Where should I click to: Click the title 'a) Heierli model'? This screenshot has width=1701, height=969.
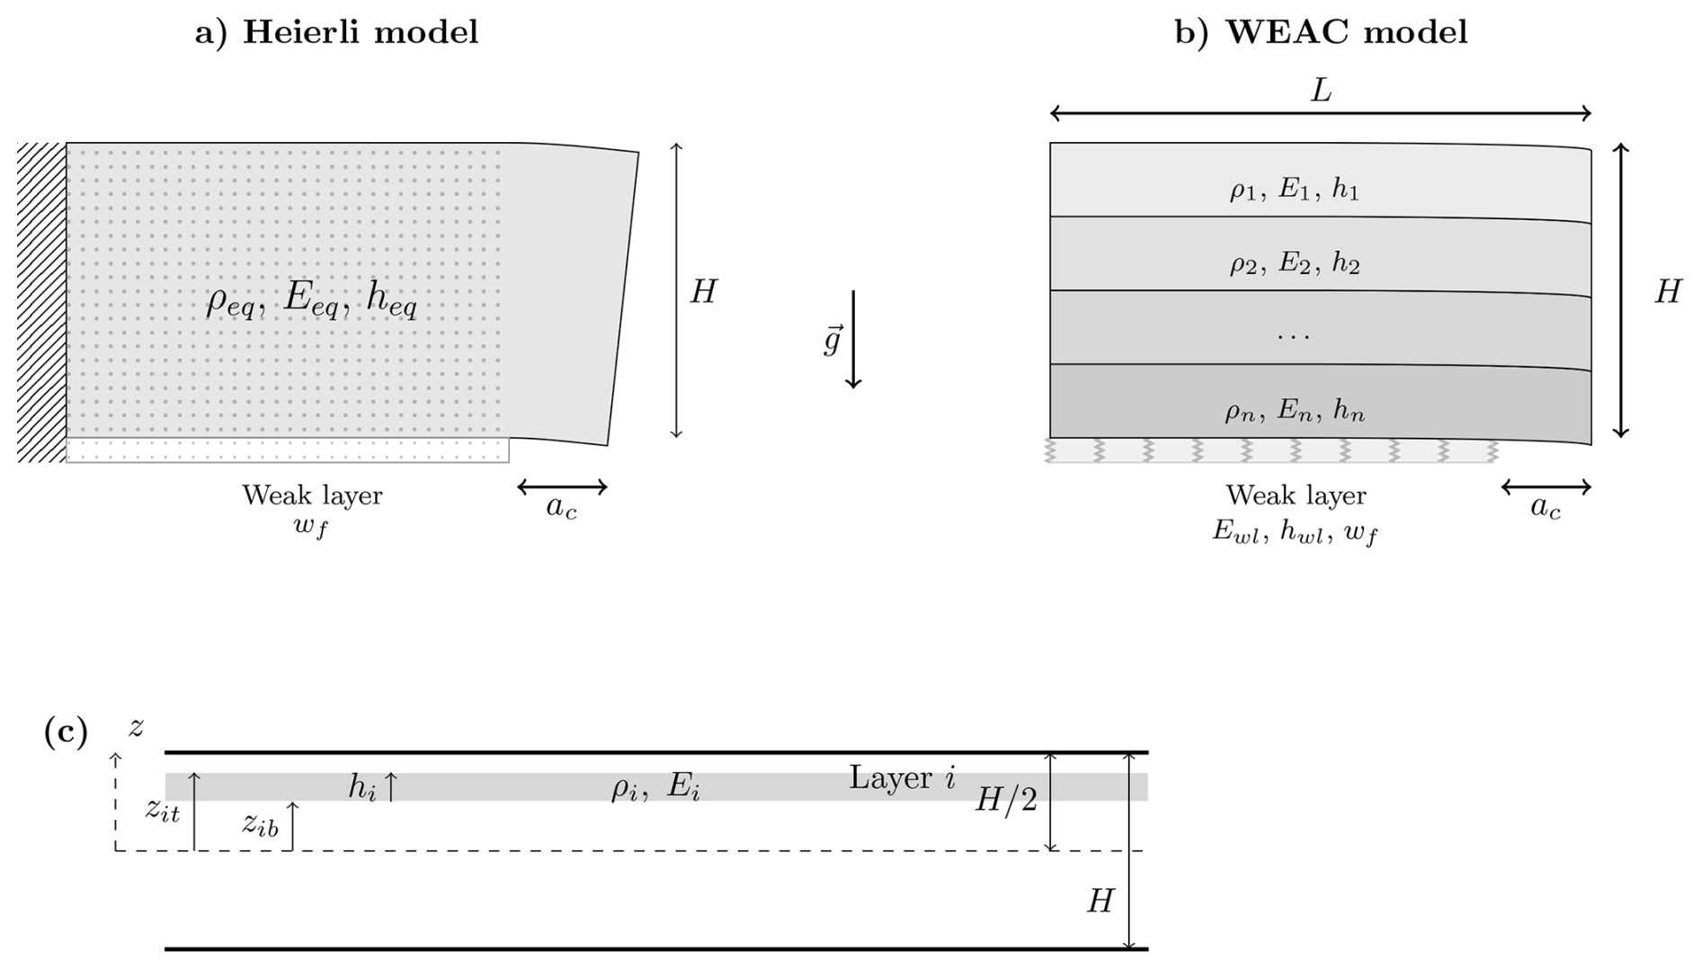pos(336,32)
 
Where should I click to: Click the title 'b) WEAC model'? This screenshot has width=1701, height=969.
pos(1321,32)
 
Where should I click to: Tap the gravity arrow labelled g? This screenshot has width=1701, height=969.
pos(853,339)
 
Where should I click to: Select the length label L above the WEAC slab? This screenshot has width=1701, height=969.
pos(1321,91)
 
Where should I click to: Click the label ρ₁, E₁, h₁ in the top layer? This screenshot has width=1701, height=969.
pos(1295,190)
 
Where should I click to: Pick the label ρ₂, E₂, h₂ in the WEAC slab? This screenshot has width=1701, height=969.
pos(1295,263)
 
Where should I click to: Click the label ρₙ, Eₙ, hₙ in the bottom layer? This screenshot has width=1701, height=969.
pos(1295,411)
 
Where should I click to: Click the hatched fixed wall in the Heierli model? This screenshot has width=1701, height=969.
pos(41,302)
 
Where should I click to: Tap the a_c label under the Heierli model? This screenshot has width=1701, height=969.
pos(562,508)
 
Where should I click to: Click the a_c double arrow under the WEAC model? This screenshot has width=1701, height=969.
pos(1546,487)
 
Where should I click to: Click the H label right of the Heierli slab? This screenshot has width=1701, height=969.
pos(703,291)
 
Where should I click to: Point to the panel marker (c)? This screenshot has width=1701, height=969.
pos(66,732)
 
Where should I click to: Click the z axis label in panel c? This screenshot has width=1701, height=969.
pos(136,727)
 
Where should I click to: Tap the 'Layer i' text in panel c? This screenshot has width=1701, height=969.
pos(902,778)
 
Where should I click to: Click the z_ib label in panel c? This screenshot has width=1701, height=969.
pos(261,824)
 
